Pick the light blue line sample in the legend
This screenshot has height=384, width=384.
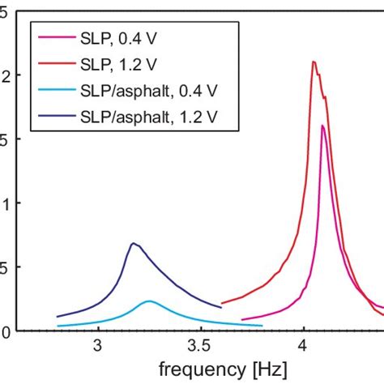pos(58,93)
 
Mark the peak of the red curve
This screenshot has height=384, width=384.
pos(314,62)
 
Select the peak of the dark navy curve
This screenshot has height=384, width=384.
pos(133,243)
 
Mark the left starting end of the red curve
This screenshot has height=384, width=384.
pos(222,303)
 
